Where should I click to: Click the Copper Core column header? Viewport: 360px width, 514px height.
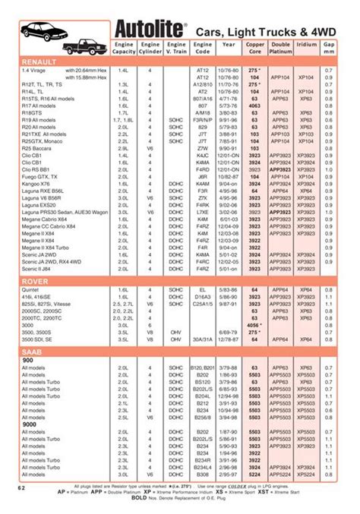click(255, 48)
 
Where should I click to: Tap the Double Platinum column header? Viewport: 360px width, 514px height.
click(280, 48)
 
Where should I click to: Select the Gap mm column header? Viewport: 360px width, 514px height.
click(329, 48)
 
